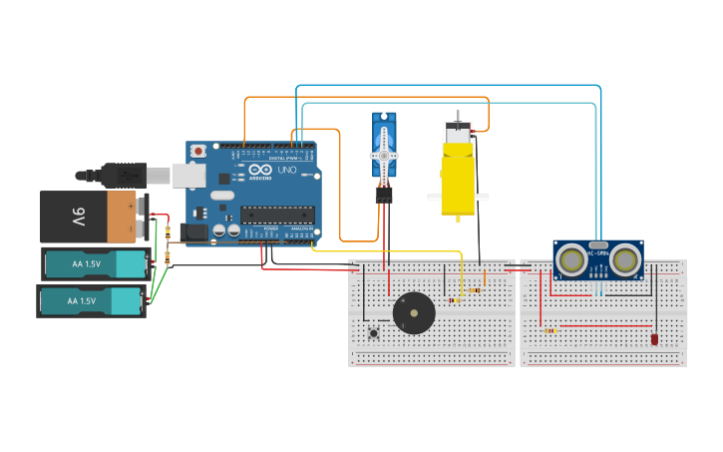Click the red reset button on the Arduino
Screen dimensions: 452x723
click(x=199, y=151)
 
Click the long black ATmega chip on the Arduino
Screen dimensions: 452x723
click(x=276, y=215)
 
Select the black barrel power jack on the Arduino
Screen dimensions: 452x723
click(x=194, y=232)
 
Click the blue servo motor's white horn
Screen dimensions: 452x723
click(x=384, y=156)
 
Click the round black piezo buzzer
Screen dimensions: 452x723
click(x=414, y=313)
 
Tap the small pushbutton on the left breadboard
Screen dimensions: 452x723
click(x=375, y=332)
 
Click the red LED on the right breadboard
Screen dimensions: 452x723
click(x=654, y=339)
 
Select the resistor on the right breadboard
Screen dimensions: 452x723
click(x=550, y=329)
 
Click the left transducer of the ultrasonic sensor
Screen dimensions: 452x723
click(x=571, y=258)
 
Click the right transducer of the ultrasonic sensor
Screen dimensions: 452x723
click(x=624, y=258)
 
